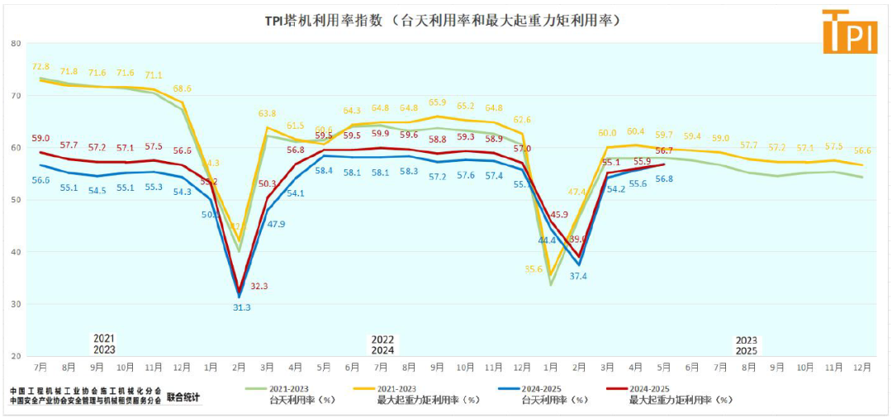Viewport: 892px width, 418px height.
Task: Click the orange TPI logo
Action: [849, 31]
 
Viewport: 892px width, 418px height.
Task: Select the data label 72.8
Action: [40, 66]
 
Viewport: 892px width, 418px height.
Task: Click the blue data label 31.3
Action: [242, 307]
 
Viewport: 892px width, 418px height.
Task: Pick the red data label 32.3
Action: [259, 286]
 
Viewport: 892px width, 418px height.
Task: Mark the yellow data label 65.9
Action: [437, 102]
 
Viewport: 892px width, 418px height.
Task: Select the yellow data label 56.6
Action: [863, 150]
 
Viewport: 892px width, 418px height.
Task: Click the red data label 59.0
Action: [40, 138]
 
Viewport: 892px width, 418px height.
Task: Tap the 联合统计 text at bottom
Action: [183, 397]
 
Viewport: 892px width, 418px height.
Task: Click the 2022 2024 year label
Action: [382, 344]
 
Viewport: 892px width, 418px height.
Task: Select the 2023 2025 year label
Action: [747, 344]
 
